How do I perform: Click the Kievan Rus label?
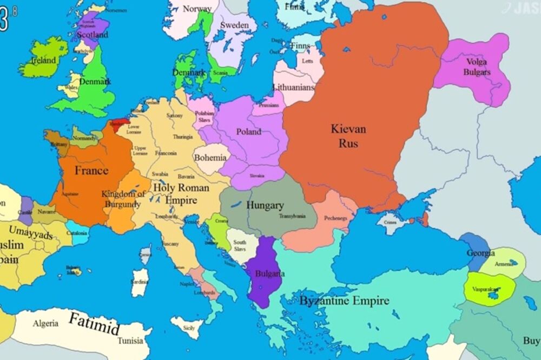click(348, 136)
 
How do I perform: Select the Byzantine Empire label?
click(344, 301)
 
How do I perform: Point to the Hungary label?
click(265, 205)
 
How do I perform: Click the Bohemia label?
click(210, 158)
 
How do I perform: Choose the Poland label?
click(249, 131)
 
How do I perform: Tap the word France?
click(91, 171)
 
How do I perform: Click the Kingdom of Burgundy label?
click(123, 199)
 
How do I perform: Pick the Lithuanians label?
click(294, 86)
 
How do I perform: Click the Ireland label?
click(43, 61)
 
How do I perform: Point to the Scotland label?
click(93, 35)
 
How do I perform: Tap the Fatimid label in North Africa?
click(94, 324)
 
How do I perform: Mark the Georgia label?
click(481, 253)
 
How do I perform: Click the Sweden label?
click(234, 25)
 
